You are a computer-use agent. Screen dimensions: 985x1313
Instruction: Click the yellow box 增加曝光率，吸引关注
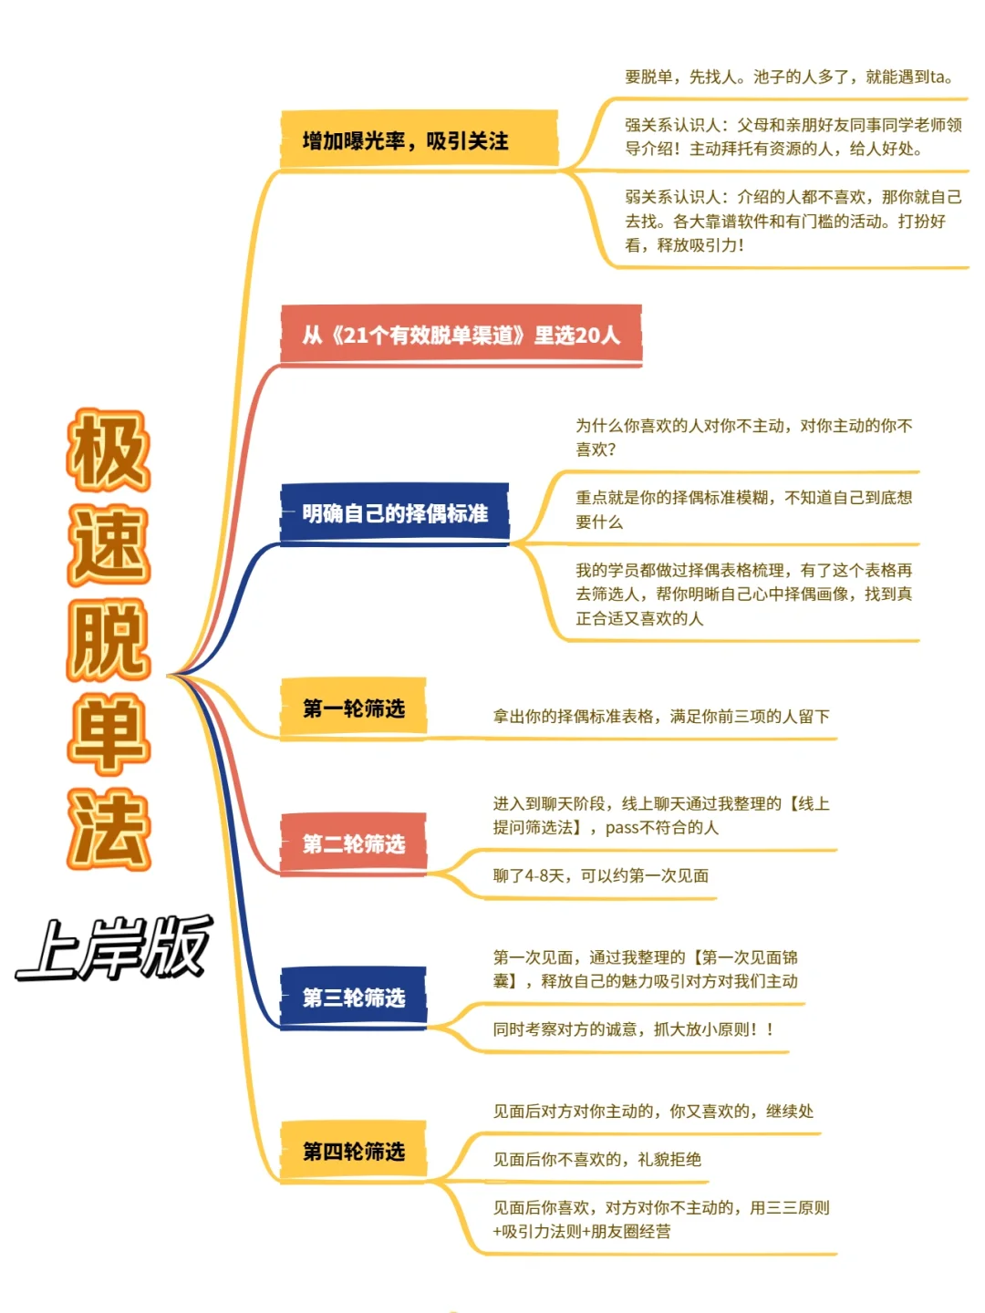click(x=419, y=140)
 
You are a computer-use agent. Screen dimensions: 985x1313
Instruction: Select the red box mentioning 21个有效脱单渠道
click(x=461, y=336)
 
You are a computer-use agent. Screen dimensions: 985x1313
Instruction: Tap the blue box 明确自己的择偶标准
click(x=394, y=513)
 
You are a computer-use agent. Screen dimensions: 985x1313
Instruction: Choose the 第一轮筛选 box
click(x=353, y=708)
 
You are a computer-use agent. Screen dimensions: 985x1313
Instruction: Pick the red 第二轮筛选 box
click(x=353, y=843)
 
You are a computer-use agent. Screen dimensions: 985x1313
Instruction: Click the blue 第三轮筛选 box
click(x=353, y=998)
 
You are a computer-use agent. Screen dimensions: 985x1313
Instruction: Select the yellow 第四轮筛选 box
click(x=353, y=1152)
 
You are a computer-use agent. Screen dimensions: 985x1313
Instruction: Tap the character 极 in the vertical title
click(x=109, y=450)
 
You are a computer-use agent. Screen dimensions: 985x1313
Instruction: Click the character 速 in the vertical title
click(x=109, y=545)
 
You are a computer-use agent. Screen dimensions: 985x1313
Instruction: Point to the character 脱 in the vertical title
click(x=109, y=640)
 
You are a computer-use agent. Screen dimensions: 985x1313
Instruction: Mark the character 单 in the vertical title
click(x=109, y=735)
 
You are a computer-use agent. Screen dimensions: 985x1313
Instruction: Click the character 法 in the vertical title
click(x=109, y=830)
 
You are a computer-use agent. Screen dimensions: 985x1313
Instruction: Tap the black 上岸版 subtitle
click(x=114, y=948)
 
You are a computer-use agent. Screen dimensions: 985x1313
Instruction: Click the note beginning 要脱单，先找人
click(x=789, y=77)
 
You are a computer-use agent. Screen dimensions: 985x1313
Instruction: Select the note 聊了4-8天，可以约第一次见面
click(x=600, y=875)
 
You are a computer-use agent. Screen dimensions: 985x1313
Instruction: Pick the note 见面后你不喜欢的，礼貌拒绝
click(x=596, y=1159)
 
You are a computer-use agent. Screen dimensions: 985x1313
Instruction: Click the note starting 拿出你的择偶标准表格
click(x=661, y=717)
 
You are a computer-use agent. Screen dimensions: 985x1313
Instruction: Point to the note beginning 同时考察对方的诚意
click(x=633, y=1029)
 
